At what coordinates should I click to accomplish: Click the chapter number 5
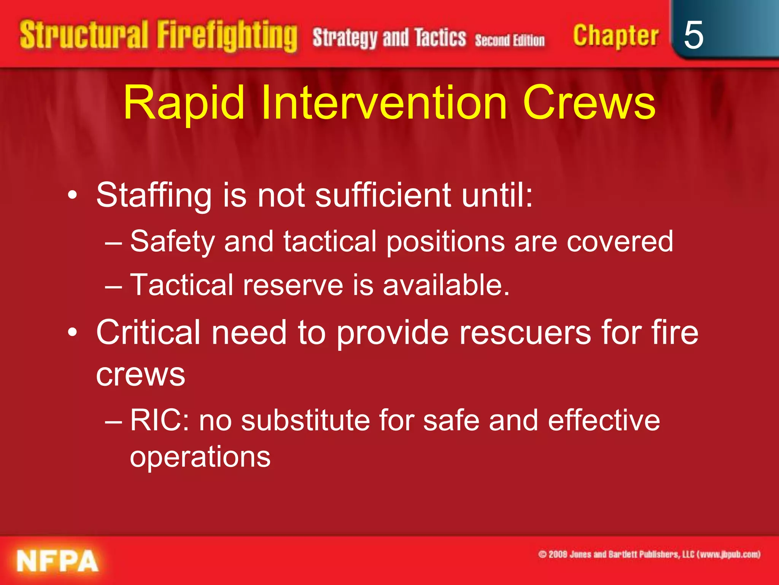pos(693,35)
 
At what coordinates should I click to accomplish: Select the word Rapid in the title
pos(184,103)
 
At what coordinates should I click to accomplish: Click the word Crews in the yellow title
pos(589,103)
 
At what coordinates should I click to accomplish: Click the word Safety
pos(172,242)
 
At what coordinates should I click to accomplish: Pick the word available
pos(446,285)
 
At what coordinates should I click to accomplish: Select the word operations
pos(200,457)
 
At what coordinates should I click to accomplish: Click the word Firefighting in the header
pos(227,36)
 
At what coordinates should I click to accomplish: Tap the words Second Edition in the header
pos(509,40)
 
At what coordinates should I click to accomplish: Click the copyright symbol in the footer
pos(542,554)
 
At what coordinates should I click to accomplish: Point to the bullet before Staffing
pos(72,196)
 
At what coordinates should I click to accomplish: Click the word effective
pos(604,420)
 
